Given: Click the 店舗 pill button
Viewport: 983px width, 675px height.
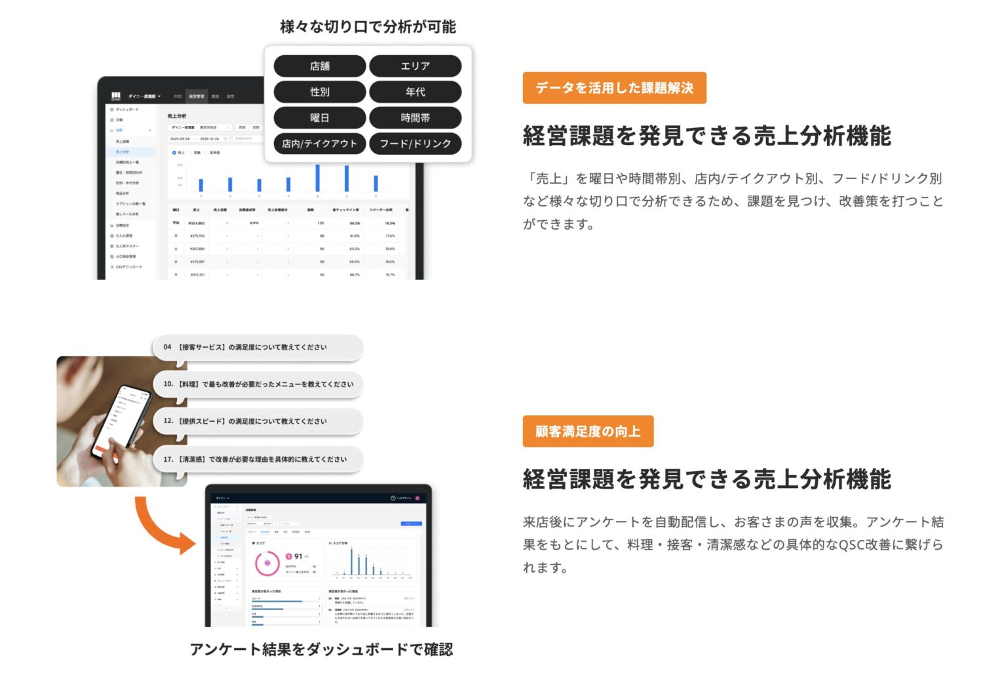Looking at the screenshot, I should (x=319, y=66).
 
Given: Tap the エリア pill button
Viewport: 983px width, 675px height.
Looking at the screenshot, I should (x=415, y=66).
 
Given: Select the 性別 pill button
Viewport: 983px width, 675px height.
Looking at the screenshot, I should (x=319, y=92).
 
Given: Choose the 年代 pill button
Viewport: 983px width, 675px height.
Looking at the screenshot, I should (x=415, y=92).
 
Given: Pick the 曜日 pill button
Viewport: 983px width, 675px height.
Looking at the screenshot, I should (x=319, y=118).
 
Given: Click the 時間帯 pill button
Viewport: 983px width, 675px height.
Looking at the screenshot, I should (x=415, y=118).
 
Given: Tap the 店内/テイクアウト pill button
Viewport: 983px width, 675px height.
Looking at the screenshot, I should (x=319, y=144).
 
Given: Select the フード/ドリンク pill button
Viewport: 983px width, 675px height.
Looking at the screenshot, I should (x=415, y=144).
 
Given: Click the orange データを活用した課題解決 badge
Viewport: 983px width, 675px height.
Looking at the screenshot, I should (x=614, y=88).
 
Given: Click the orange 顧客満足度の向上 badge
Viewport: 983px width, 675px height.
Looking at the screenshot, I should (x=588, y=432).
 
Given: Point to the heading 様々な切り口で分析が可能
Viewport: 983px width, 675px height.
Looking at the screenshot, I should (x=368, y=27).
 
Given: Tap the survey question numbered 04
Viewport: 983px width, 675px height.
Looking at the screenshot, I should (x=257, y=347).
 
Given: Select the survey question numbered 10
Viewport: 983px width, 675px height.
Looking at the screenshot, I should (x=257, y=384).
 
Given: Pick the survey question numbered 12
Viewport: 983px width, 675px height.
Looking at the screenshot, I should (x=257, y=421).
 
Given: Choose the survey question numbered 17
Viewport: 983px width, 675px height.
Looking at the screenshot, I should (x=257, y=459).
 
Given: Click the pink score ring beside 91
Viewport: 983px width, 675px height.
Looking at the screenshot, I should (x=267, y=563).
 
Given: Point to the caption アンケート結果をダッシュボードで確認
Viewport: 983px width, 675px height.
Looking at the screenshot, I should (x=321, y=649).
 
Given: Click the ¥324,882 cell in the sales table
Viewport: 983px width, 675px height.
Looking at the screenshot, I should (x=197, y=223).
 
